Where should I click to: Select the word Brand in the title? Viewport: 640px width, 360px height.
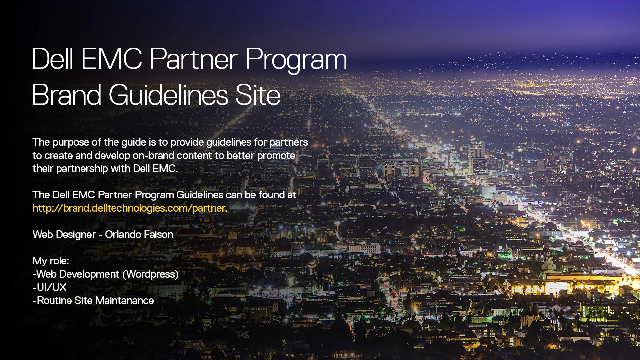pyautogui.click(x=66, y=95)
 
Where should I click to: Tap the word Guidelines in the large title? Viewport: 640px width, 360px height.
pyautogui.click(x=168, y=95)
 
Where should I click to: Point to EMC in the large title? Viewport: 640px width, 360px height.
pyautogui.click(x=111, y=59)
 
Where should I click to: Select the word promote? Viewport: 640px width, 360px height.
pyautogui.click(x=276, y=156)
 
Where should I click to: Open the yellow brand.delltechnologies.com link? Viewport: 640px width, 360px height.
pyautogui.click(x=130, y=208)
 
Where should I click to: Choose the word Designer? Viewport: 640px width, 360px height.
pyautogui.click(x=76, y=235)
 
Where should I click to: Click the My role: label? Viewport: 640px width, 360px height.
pyautogui.click(x=51, y=261)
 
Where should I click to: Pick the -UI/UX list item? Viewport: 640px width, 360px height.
pyautogui.click(x=50, y=287)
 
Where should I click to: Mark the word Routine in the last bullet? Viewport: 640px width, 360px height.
pyautogui.click(x=54, y=301)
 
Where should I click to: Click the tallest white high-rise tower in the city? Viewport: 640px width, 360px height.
pyautogui.click(x=477, y=157)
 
